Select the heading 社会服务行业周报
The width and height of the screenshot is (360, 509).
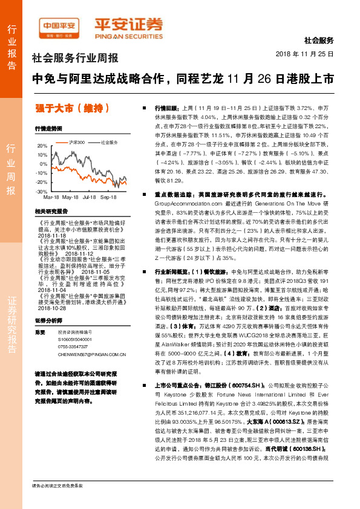(x=75, y=59)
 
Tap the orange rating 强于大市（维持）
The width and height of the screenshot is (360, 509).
(x=73, y=108)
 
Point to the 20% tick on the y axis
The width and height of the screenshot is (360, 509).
(x=42, y=146)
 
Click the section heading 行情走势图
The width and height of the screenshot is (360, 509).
(x=49, y=129)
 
